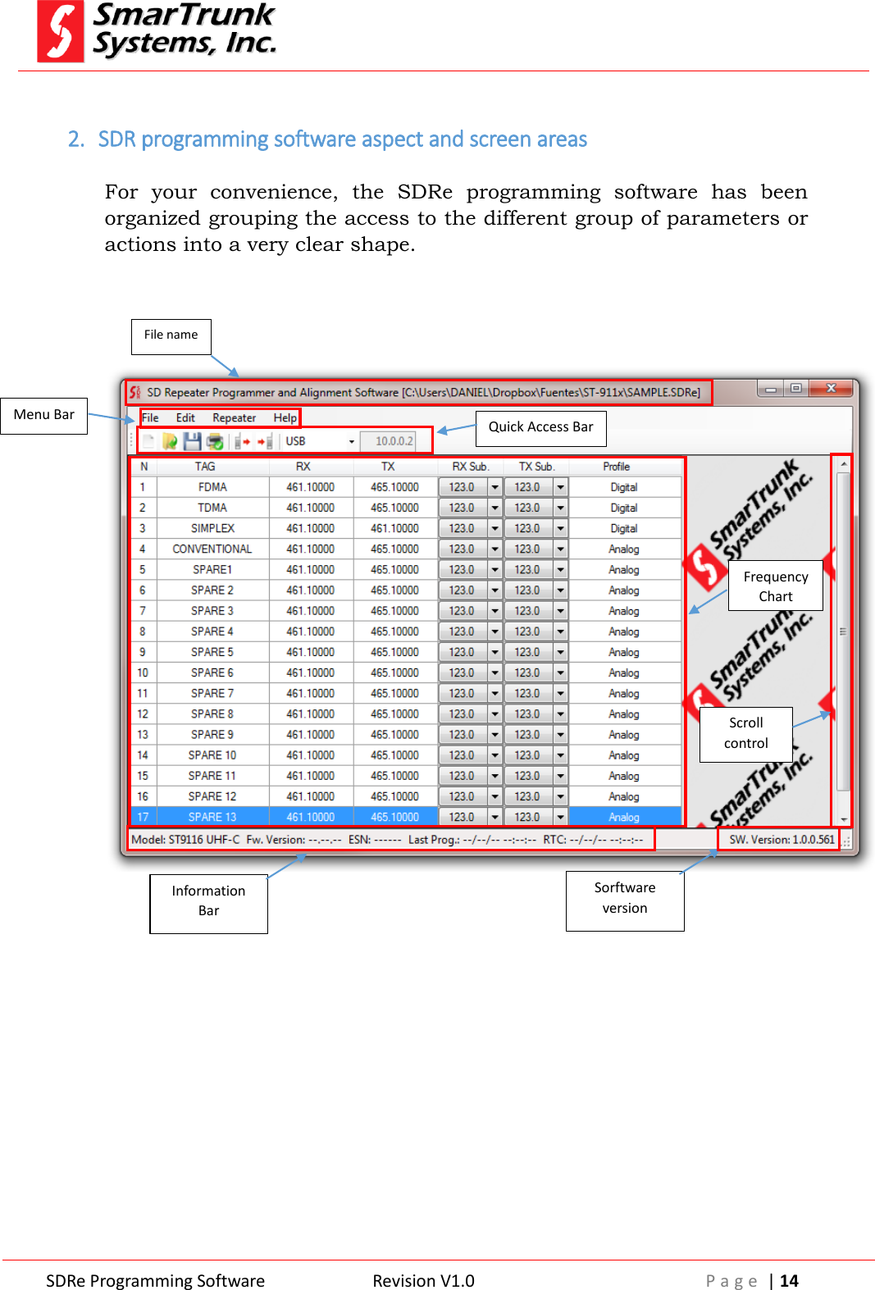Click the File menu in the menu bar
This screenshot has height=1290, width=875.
coord(150,417)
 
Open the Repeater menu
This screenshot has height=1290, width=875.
coord(234,417)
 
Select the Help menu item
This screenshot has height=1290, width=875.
coord(285,417)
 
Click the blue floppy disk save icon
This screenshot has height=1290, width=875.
coord(192,441)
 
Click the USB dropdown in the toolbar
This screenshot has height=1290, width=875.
coord(320,441)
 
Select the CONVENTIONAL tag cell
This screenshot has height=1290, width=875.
coord(212,549)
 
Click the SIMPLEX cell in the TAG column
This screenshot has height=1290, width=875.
coord(212,528)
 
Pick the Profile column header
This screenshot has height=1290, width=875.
coord(616,467)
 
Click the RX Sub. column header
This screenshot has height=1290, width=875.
coord(470,467)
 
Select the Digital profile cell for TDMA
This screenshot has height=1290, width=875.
coord(623,508)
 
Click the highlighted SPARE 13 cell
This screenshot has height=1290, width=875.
coord(212,817)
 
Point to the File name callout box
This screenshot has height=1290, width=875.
coord(171,335)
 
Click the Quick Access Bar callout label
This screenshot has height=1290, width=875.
coord(540,427)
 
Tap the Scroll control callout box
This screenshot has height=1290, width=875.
coord(745,733)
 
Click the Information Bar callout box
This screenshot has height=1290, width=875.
coord(208,901)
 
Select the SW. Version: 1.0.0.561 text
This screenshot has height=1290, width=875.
coord(782,840)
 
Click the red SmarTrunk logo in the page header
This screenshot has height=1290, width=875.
coord(61,32)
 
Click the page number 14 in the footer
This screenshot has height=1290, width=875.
coord(789,1281)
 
